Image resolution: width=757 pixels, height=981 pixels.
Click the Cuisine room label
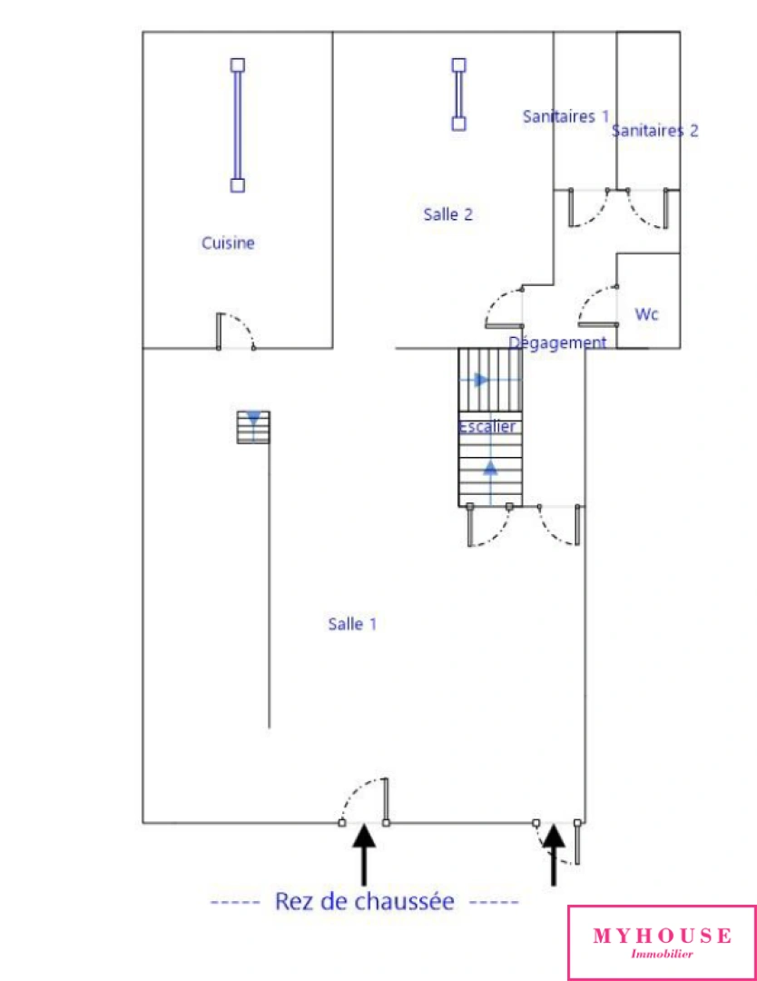point(228,243)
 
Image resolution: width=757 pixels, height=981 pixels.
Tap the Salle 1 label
point(352,624)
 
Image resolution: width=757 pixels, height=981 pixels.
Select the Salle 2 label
point(447,215)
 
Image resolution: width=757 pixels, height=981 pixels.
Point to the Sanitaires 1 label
point(565,116)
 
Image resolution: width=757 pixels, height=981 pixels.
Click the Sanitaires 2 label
point(654,131)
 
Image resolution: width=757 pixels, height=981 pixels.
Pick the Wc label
point(646,314)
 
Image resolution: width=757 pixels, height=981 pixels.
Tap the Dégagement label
point(557,342)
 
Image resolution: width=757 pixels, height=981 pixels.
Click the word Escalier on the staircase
point(487,426)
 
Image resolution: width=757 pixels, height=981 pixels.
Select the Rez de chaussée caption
point(364,901)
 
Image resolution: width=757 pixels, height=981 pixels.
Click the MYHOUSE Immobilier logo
point(662,942)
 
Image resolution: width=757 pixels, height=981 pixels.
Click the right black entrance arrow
point(554,854)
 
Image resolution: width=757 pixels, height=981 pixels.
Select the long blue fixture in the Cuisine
point(238,125)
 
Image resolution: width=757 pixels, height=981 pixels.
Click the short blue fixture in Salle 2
point(459,94)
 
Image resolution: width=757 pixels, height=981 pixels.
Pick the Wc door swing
point(596,304)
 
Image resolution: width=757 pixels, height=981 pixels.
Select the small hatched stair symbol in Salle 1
point(254,427)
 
